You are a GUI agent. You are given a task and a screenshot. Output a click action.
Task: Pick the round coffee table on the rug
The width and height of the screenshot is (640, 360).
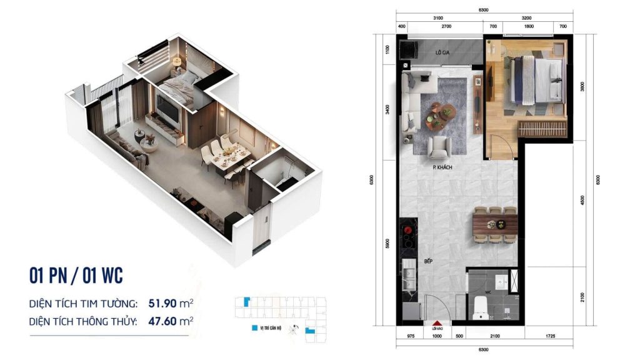pyautogui.click(x=446, y=113)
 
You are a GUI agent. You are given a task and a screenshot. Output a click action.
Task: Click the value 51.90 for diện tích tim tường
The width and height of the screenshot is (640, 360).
pyautogui.click(x=161, y=304)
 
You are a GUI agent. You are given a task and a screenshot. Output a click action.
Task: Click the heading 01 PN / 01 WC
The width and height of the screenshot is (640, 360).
pyautogui.click(x=76, y=275)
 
